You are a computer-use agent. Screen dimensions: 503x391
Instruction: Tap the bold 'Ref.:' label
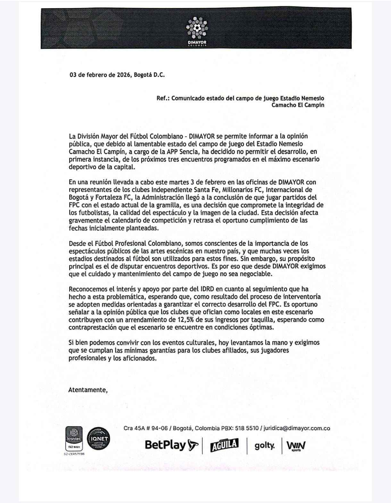tap(163, 98)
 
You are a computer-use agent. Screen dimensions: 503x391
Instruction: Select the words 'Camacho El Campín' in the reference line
tap(298, 105)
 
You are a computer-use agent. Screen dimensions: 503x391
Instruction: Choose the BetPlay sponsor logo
tap(171, 445)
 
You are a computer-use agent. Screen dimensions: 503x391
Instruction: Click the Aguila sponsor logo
tap(224, 445)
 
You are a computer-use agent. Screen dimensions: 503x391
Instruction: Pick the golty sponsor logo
tap(264, 445)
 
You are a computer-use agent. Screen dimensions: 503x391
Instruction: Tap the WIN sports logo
tap(295, 446)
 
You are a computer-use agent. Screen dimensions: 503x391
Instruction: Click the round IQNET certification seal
tap(99, 439)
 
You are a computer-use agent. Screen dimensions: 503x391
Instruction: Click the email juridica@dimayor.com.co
tap(297, 428)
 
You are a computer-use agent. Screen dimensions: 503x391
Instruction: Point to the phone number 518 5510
tap(247, 428)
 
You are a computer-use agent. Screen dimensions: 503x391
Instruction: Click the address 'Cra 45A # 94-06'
tap(146, 428)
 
